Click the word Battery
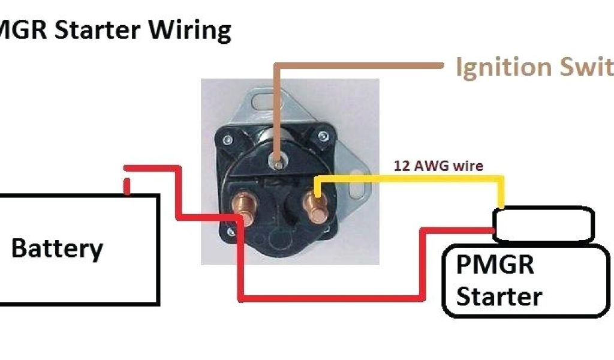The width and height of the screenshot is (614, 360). pyautogui.click(x=58, y=248)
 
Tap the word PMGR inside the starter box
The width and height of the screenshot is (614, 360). pyautogui.click(x=495, y=265)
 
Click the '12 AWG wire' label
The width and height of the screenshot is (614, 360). pyautogui.click(x=438, y=166)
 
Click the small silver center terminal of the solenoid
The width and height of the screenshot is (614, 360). pyautogui.click(x=276, y=161)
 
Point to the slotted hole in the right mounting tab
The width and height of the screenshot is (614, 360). pyautogui.click(x=359, y=193)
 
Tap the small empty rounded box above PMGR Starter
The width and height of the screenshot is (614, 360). pyautogui.click(x=543, y=225)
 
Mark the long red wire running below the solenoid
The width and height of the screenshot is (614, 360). pyautogui.click(x=330, y=297)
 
